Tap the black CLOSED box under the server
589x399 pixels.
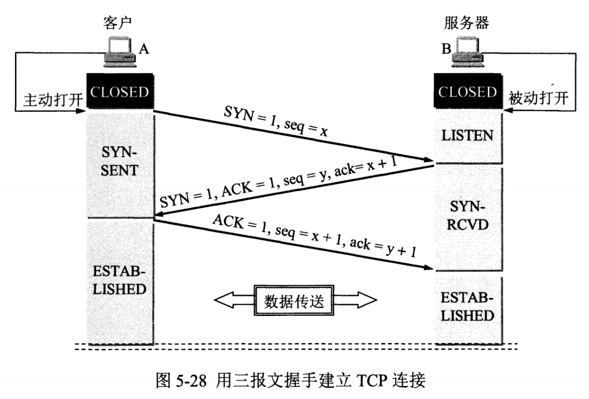(x=468, y=92)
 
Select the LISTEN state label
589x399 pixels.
(x=468, y=135)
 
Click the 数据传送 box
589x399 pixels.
(x=294, y=301)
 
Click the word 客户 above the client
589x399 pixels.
(x=118, y=23)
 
